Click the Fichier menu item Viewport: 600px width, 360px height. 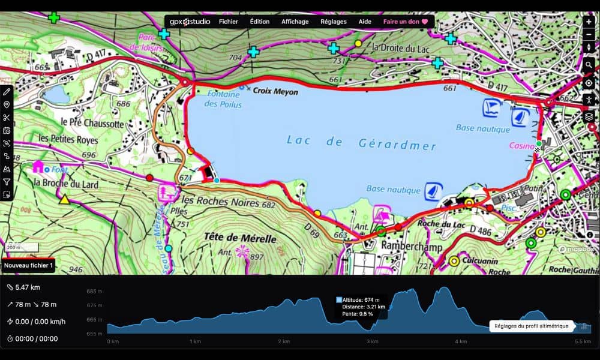coord(228,22)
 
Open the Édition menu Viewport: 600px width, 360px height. coord(260,22)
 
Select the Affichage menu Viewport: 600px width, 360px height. coord(295,22)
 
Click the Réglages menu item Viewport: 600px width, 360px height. coord(334,22)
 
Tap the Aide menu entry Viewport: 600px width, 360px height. coord(365,22)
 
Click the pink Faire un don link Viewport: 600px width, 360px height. coord(405,22)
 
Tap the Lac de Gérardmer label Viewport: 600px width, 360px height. coord(362,143)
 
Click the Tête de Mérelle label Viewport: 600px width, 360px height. coord(240,239)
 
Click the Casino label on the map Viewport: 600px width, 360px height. coord(520,146)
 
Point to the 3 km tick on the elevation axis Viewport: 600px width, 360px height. coord(373,341)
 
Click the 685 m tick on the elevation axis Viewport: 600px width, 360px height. coord(95,292)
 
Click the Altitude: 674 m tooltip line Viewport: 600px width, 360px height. coord(361,299)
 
